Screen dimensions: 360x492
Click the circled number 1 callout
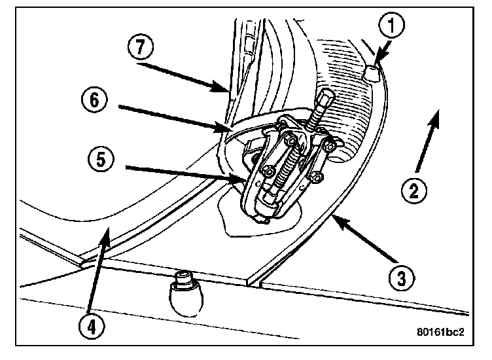[x=393, y=27]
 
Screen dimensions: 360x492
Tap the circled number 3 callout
[x=400, y=278]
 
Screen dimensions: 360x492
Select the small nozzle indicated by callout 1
[x=372, y=75]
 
